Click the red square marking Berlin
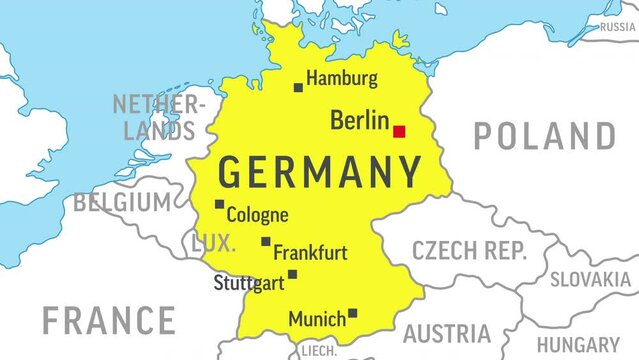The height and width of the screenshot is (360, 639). point(399,131)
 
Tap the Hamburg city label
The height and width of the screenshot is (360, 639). point(342,78)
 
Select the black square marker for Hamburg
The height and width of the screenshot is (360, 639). point(298,88)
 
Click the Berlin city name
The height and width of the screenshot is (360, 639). point(359,122)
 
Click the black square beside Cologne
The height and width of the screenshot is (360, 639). point(219,205)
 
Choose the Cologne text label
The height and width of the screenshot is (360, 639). point(258,214)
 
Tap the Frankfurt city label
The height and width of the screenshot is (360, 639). point(310,252)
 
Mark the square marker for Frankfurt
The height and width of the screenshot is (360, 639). point(266,241)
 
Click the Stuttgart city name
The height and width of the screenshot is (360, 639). point(249,284)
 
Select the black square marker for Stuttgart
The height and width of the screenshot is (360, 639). point(292,274)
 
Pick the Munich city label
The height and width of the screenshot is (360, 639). point(317,320)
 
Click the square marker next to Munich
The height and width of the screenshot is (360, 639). point(352,313)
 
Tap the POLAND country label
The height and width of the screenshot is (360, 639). point(545,135)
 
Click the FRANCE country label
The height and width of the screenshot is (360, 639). point(109,321)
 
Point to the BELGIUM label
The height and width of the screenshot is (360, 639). point(122,203)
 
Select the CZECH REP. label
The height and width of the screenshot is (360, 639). point(469,251)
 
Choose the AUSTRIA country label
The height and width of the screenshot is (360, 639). point(446,333)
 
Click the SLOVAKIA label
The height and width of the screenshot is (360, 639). point(590,280)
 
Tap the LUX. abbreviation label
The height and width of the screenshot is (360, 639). point(214,242)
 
